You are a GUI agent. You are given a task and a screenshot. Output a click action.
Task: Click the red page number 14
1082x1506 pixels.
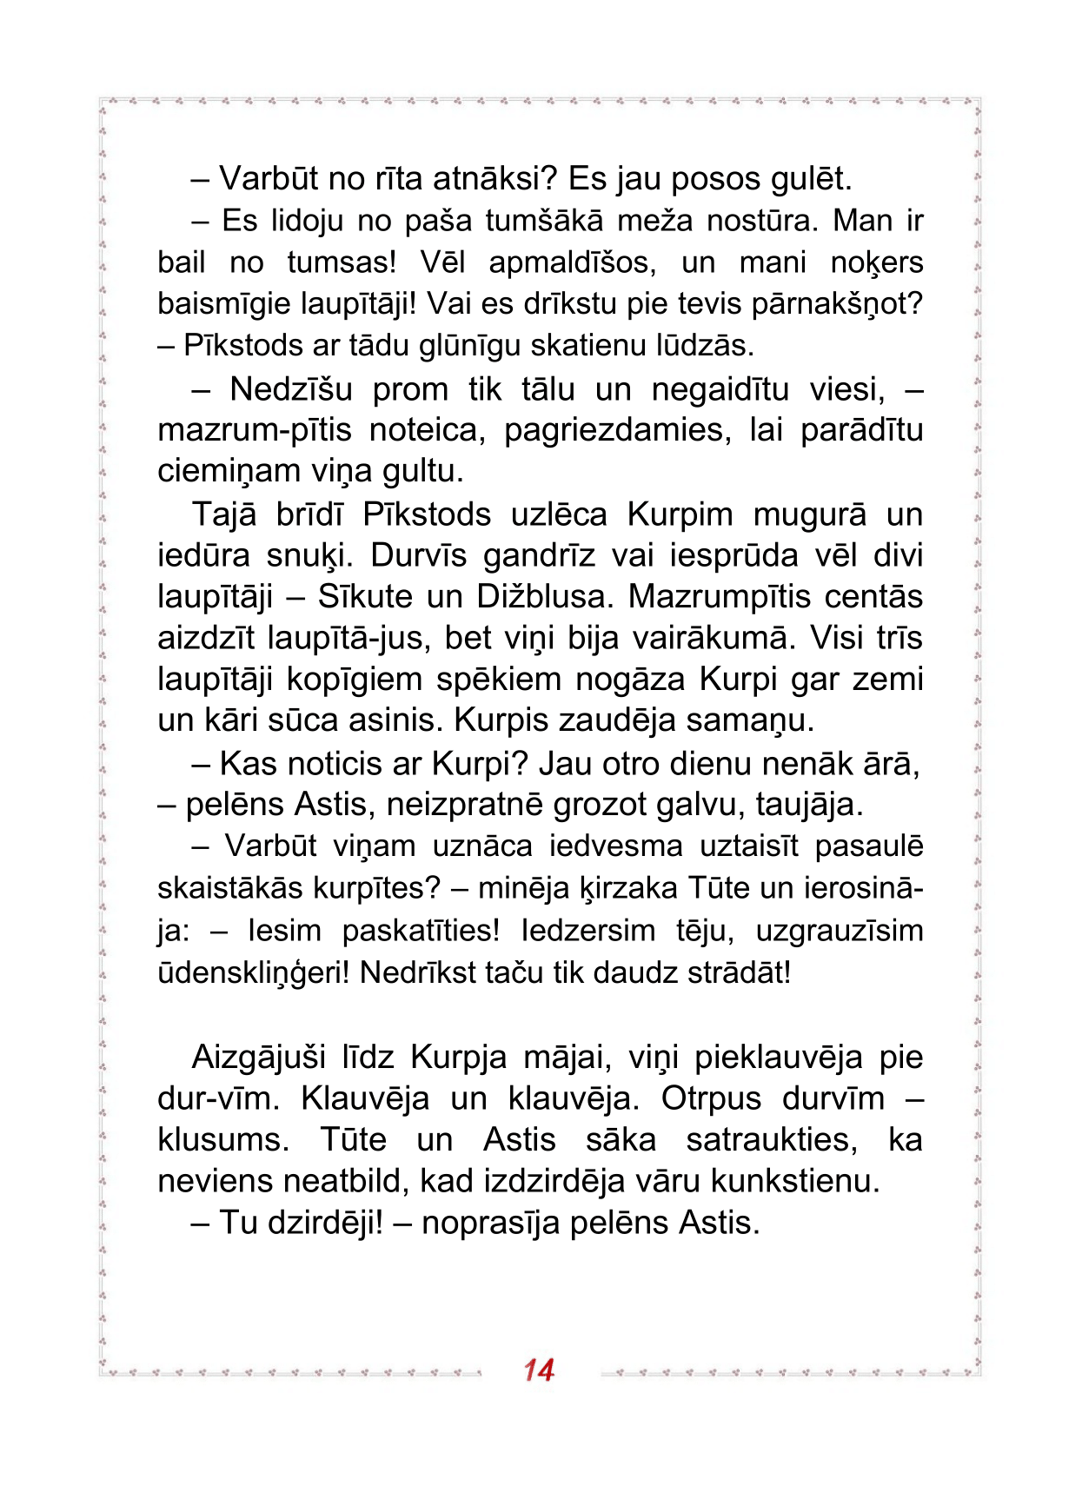pos(539,1370)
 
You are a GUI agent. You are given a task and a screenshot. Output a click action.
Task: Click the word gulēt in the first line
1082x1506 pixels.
pos(811,179)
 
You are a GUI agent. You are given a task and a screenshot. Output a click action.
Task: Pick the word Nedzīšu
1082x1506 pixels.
pos(291,389)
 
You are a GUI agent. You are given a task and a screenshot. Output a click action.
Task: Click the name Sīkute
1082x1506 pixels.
pos(365,597)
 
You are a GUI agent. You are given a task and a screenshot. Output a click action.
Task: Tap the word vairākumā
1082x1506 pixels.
pos(713,639)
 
